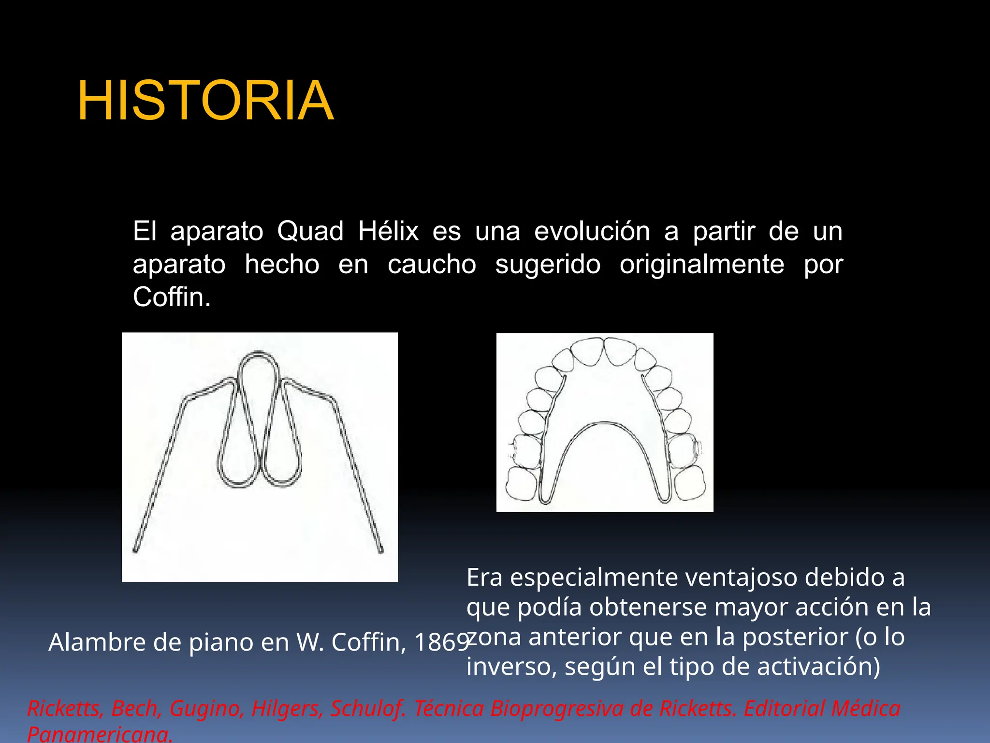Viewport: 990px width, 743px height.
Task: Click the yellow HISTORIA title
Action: [205, 101]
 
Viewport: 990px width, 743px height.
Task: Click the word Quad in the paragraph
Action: [310, 231]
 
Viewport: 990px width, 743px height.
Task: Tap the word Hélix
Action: [388, 231]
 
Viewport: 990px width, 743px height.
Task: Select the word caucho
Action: [432, 265]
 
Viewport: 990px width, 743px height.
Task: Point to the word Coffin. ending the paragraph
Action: [172, 297]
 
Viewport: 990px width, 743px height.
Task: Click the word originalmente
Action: [702, 265]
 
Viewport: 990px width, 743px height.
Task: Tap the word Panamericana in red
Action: [99, 734]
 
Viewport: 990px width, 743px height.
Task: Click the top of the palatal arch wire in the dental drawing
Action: [605, 424]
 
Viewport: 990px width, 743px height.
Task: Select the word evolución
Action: [592, 231]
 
